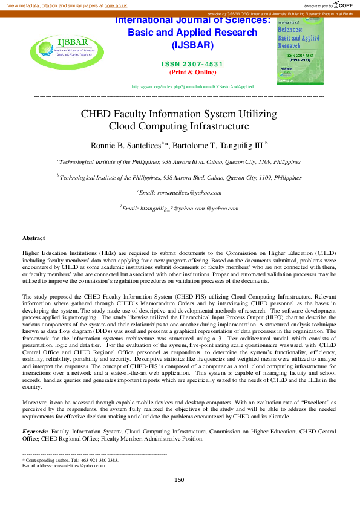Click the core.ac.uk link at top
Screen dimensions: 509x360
point(114,5)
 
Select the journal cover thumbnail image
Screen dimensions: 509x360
point(299,51)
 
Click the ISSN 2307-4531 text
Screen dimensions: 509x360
point(192,64)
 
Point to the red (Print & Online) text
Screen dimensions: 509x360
point(192,72)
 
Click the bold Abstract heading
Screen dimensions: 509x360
point(33,238)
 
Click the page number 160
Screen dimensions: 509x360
point(179,479)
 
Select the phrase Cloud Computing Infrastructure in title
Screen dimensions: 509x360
point(178,126)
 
